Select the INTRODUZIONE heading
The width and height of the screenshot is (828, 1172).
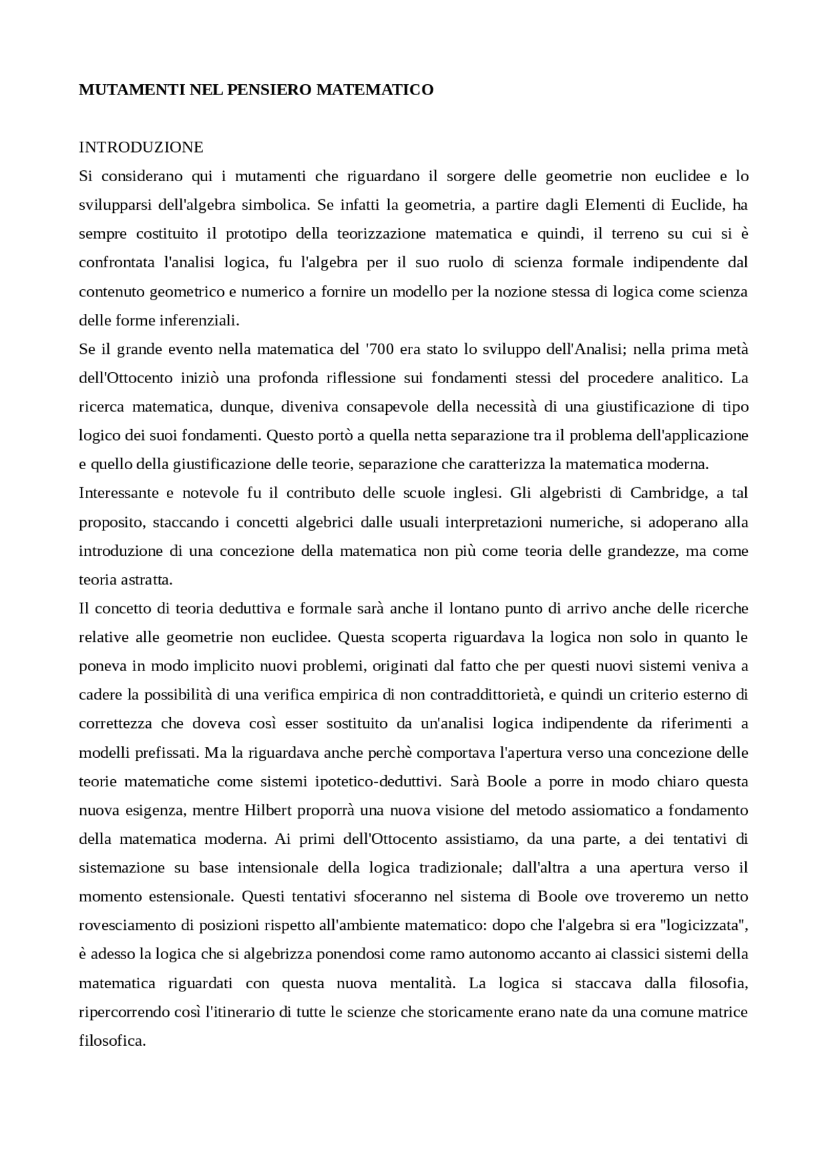point(141,148)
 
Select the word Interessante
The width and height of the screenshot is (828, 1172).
point(118,493)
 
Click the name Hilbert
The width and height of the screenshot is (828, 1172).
point(269,810)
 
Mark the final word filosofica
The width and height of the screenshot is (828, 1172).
point(112,1041)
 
